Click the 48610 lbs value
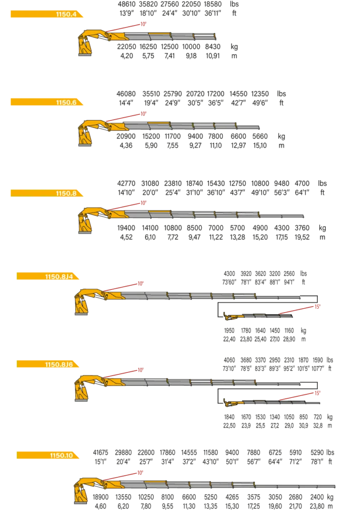pos(127,4)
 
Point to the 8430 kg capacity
pos(213,47)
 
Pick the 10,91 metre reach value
pos(213,56)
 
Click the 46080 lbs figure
pos(126,94)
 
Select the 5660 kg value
pos(260,137)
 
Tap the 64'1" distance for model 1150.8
pos(302,193)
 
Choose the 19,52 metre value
pos(302,237)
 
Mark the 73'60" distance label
pos(229,282)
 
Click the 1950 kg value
pos(229,330)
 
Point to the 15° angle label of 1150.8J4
pos(317,307)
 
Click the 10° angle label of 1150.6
pos(144,114)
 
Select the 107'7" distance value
pos(318,368)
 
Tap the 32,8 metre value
pos(318,426)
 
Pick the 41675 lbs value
pos(100,453)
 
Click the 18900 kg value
pos(100,497)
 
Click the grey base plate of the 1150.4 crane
pos(85,55)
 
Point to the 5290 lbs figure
pos(317,453)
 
